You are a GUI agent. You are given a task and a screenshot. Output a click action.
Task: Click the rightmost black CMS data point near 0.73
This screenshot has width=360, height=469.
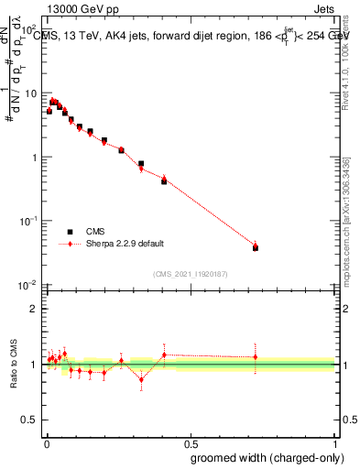pyautogui.click(x=256, y=247)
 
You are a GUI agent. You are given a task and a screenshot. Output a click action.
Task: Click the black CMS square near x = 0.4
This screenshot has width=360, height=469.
pyautogui.click(x=164, y=181)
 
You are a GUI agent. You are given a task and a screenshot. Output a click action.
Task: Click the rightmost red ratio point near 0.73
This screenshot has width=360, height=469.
pyautogui.click(x=256, y=357)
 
